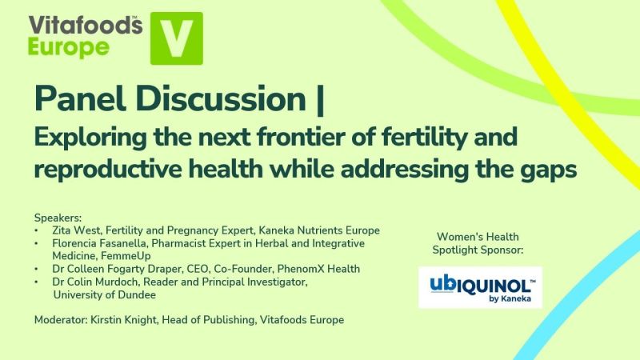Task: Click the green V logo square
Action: point(177,38)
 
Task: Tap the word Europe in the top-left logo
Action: point(69,47)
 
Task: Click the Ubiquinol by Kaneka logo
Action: point(480,287)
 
